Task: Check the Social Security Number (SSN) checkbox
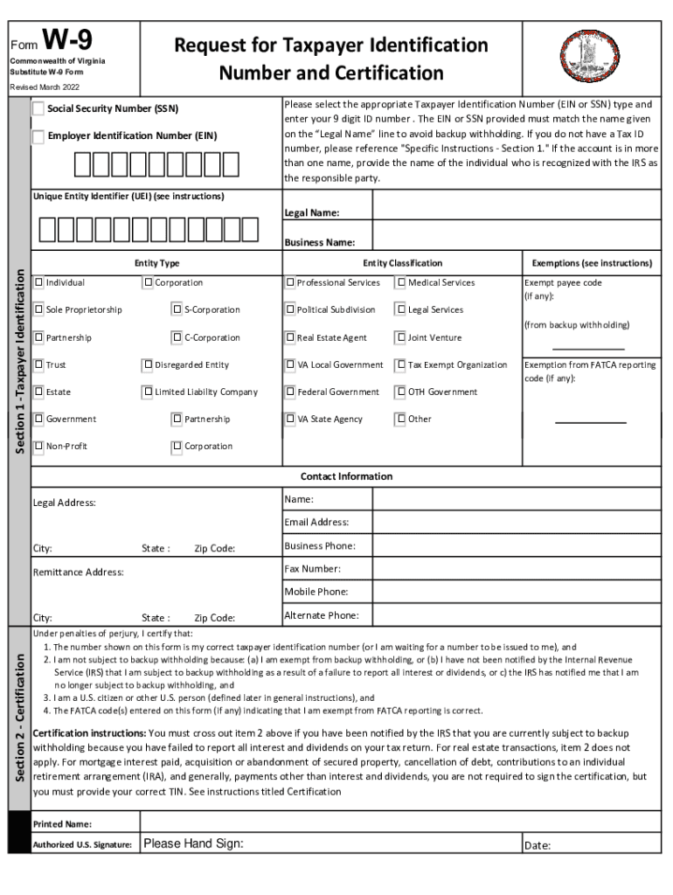click(x=38, y=109)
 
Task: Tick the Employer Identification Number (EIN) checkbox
click(x=38, y=136)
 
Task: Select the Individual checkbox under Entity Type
click(x=39, y=282)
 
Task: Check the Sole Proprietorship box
click(x=39, y=309)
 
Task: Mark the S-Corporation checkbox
click(x=177, y=309)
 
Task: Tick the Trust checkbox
click(x=39, y=364)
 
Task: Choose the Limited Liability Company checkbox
click(x=148, y=392)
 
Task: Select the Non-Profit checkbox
click(x=39, y=446)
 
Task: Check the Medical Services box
click(x=401, y=282)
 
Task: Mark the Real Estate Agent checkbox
click(x=290, y=337)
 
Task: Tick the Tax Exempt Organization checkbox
click(x=401, y=364)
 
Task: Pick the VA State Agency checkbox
click(x=290, y=419)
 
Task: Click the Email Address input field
click(x=517, y=522)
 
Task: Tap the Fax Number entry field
click(x=517, y=569)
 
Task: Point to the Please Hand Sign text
click(x=193, y=844)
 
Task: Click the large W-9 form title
click(x=67, y=40)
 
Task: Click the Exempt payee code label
click(x=563, y=283)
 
